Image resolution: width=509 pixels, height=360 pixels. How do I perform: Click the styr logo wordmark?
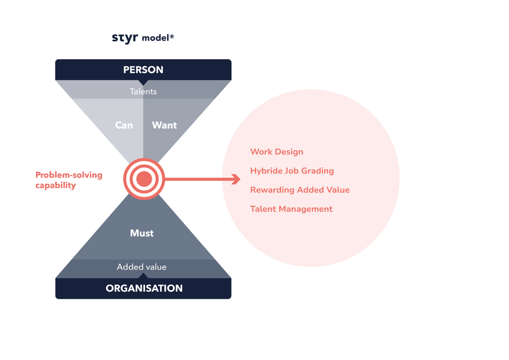(125, 38)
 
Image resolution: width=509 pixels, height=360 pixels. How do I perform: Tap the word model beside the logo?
(156, 38)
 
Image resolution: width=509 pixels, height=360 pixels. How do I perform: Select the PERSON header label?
(143, 70)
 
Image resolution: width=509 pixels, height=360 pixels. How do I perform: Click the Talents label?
(143, 92)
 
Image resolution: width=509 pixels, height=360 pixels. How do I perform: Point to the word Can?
(124, 125)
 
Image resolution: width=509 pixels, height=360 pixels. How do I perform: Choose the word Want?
(164, 125)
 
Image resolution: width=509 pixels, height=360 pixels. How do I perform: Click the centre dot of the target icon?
(144, 179)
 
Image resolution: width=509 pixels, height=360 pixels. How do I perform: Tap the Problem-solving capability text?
(69, 180)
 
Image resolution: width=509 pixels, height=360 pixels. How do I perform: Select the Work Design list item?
(276, 152)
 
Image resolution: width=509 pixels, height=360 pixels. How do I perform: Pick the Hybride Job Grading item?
(292, 171)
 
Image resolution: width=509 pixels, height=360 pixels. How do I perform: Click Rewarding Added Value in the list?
(300, 190)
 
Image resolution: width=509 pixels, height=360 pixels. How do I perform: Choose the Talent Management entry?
(291, 209)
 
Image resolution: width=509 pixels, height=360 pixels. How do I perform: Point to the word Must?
(142, 233)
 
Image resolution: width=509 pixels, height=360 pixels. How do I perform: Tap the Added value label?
(142, 267)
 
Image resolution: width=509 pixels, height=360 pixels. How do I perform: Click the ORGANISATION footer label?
(144, 288)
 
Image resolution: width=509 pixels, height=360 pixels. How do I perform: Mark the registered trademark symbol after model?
(172, 36)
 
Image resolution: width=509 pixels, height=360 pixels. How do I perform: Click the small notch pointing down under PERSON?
(144, 82)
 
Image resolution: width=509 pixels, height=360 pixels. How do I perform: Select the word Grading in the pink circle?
(318, 171)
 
